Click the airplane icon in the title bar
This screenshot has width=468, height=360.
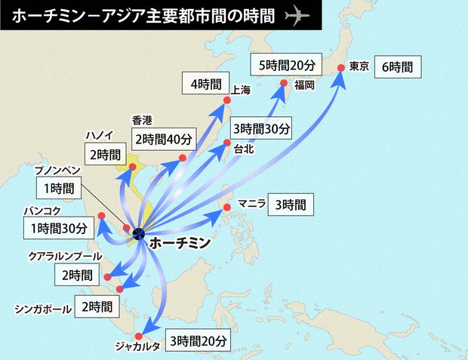[300, 16]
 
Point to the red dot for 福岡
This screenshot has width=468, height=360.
[284, 83]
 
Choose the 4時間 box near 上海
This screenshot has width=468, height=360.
[205, 84]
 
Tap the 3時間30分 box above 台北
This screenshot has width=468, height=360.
[260, 129]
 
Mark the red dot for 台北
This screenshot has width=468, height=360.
[226, 143]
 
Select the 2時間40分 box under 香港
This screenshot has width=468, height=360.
[165, 139]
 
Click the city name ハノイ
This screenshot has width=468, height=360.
[100, 135]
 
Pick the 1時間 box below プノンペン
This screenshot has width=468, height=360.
[58, 188]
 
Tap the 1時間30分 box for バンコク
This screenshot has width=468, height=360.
[60, 226]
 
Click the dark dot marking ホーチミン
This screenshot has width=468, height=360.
[138, 233]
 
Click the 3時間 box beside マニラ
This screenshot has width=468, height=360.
[290, 205]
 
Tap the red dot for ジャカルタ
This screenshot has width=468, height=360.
[140, 336]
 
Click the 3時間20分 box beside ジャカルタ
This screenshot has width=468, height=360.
[199, 340]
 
